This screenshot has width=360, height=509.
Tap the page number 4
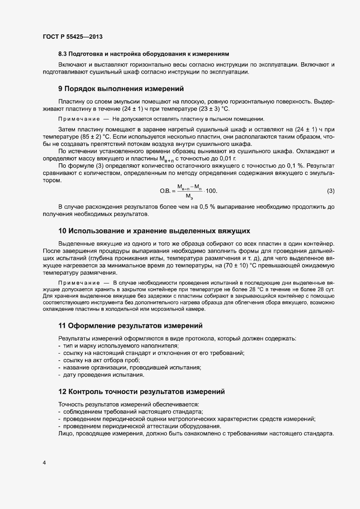click(x=44, y=462)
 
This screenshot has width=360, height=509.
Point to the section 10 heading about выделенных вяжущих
click(x=154, y=230)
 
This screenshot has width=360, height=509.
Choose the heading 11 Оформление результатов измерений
click(x=130, y=325)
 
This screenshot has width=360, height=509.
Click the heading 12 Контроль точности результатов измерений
click(x=141, y=392)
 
